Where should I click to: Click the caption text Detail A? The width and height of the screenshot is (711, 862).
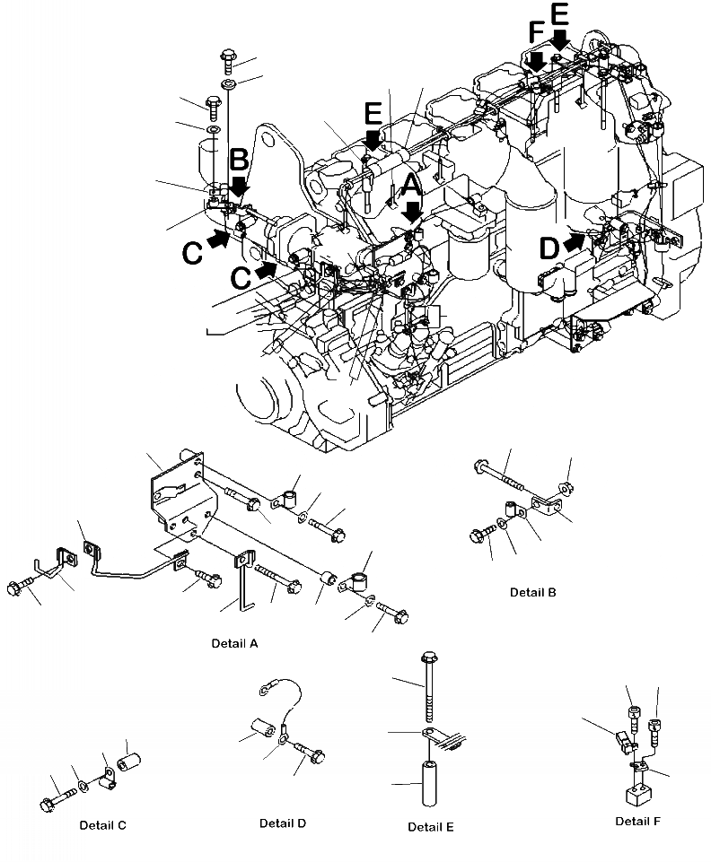234,643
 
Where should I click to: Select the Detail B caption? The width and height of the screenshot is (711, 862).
533,592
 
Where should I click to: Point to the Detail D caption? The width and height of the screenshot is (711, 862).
284,823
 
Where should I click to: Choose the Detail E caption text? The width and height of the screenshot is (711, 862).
431,826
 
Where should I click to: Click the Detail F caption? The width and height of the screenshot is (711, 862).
638,821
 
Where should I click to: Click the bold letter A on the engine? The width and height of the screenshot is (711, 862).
410,186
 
